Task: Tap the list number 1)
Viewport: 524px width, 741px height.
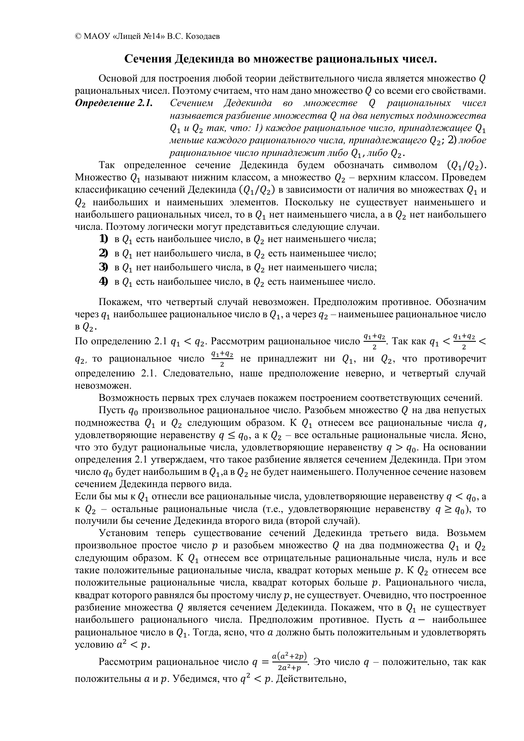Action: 103,240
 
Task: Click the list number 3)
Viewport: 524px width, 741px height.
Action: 103,267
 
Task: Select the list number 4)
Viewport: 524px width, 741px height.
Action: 103,282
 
